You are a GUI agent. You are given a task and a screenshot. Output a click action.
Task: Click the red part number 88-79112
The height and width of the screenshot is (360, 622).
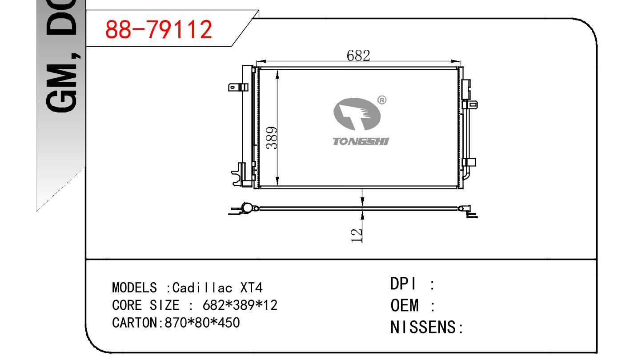159,29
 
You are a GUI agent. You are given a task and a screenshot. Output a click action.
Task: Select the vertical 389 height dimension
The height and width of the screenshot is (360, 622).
272,138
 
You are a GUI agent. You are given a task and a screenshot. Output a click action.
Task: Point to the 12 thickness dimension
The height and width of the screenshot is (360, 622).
357,236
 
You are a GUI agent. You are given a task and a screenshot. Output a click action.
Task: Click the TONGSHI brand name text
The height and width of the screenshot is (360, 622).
361,142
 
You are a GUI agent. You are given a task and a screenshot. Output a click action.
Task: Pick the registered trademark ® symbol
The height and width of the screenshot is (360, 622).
382,100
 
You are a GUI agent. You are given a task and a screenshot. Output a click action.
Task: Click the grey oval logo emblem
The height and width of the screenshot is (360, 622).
357,114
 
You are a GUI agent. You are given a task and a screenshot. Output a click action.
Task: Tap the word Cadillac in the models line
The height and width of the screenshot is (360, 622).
202,288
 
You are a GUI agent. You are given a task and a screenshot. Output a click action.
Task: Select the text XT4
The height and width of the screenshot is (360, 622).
251,288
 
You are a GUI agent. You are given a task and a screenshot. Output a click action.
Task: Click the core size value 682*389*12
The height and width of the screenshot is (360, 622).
240,305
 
